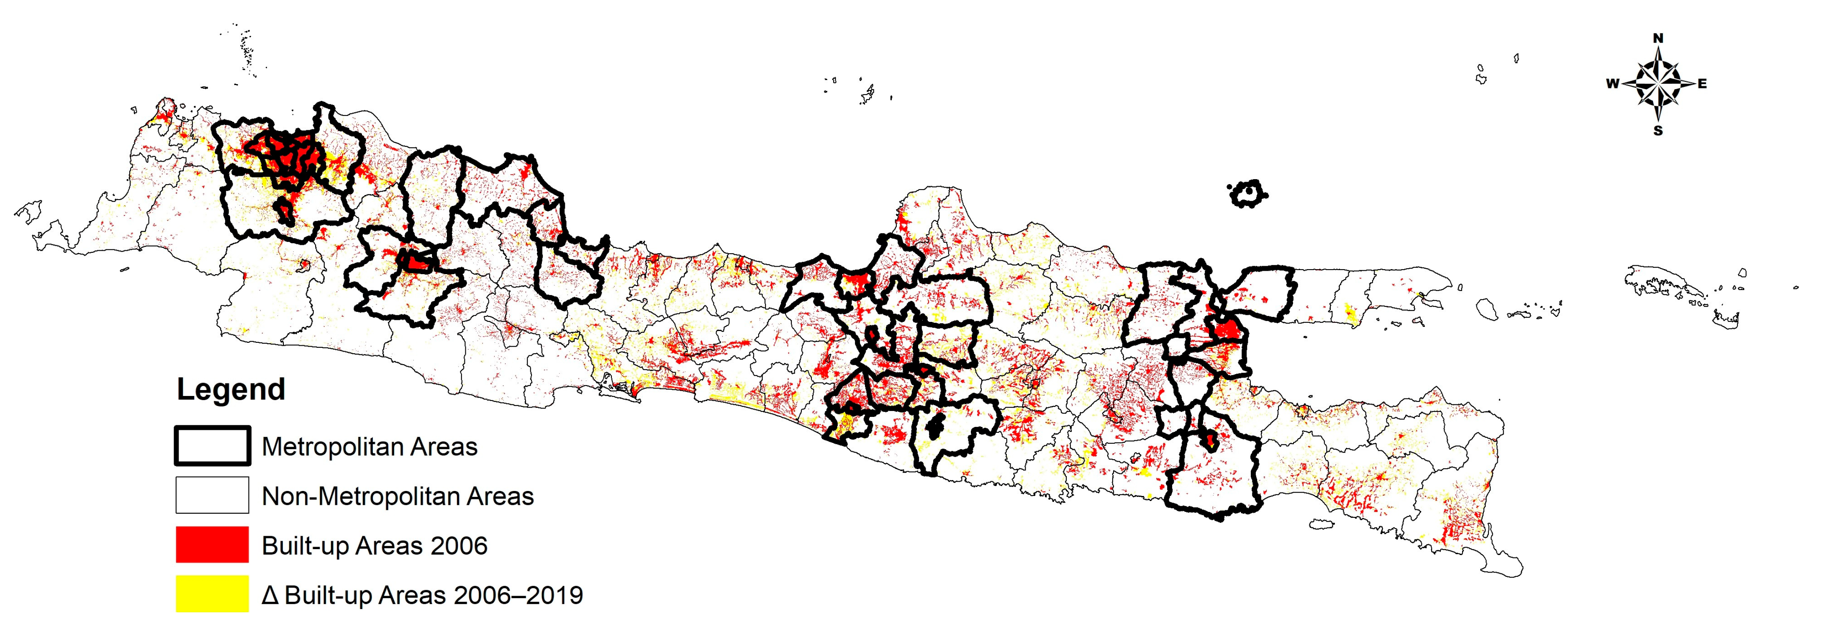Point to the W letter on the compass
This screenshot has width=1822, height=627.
point(1612,84)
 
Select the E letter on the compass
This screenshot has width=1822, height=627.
point(1702,84)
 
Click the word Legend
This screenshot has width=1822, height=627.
point(231,389)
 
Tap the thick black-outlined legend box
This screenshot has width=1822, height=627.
point(212,446)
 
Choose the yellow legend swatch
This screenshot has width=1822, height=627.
point(212,594)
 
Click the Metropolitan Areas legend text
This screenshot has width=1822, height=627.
point(369,447)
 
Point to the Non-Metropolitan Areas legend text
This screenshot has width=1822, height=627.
point(398,497)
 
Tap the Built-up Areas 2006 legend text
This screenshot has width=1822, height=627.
point(374,546)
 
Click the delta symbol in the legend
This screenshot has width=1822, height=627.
point(269,596)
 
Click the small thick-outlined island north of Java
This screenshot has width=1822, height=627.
point(1248,193)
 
